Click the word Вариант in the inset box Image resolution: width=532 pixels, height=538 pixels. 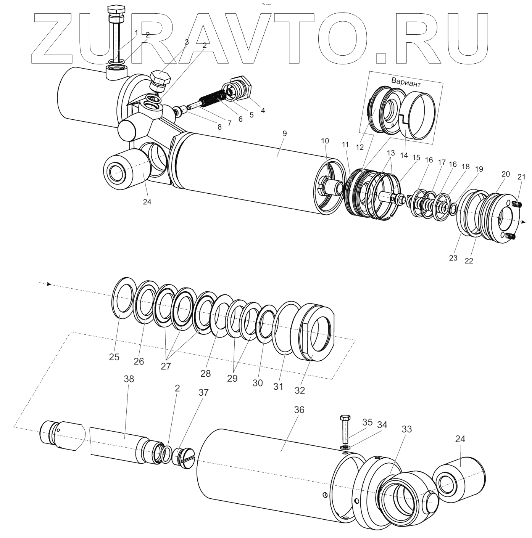tap(406, 81)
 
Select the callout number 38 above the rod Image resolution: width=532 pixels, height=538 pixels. tap(129, 379)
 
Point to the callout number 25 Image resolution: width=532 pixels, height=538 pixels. tap(114, 357)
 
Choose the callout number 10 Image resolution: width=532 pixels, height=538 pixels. tap(324, 141)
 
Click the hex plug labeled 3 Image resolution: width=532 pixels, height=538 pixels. tap(161, 80)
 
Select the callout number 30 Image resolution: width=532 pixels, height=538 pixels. tap(258, 382)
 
